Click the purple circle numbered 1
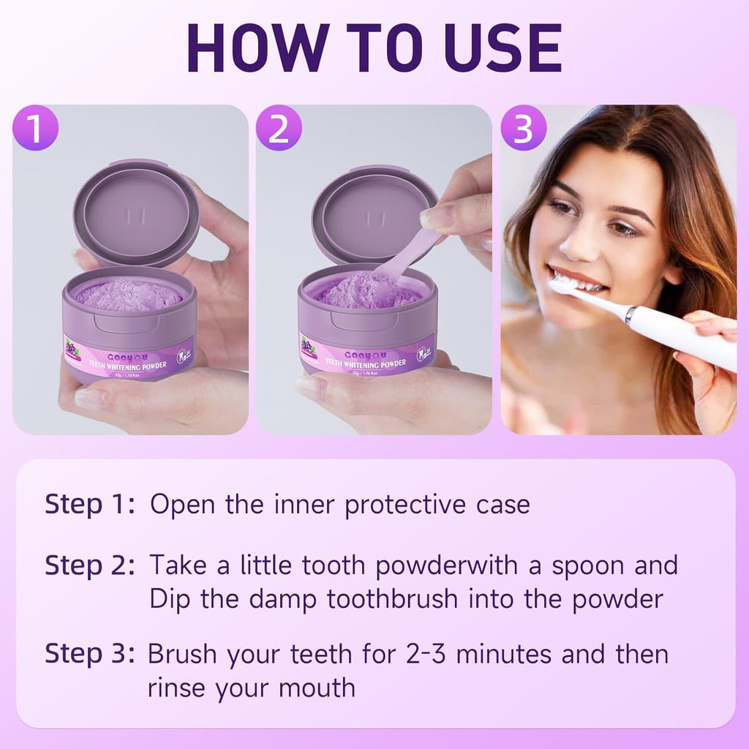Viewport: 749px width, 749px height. tap(35, 128)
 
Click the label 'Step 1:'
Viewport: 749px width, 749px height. tap(90, 504)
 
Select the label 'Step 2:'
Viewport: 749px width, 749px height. tap(90, 565)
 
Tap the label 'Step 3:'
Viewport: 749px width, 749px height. tap(90, 653)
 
